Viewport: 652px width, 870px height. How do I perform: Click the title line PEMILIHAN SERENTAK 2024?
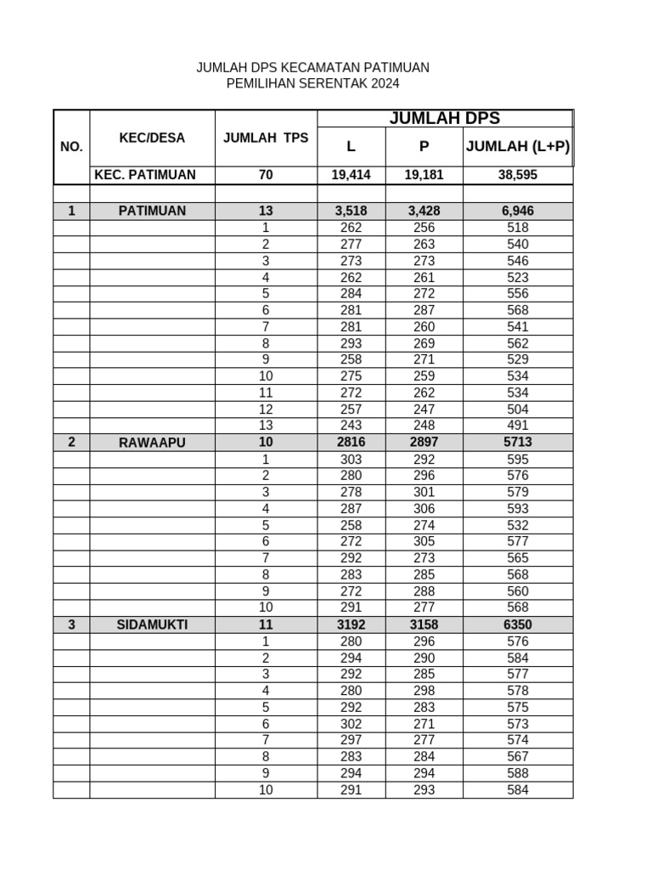coord(312,83)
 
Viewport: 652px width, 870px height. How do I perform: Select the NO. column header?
coord(71,146)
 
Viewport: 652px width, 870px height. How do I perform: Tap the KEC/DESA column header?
coord(152,138)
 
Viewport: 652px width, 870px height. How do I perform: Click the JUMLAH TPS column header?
coord(266,138)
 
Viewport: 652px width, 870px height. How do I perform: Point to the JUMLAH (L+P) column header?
coord(517,146)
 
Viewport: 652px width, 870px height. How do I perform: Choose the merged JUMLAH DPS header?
coord(444,118)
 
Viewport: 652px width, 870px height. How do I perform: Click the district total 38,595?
coord(517,175)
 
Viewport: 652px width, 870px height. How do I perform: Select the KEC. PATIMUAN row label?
coord(145,175)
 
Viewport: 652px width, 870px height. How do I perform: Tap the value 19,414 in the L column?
coord(351,175)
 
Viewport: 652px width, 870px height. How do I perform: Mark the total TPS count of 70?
coord(265,175)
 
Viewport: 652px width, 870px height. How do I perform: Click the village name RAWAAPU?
coord(152,443)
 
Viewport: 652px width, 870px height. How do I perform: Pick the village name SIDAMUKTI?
coord(152,624)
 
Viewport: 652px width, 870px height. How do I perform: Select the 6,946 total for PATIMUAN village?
coord(517,211)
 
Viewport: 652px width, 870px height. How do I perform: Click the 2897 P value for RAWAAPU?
coord(424,443)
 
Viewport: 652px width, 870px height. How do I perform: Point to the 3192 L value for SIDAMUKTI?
coord(351,624)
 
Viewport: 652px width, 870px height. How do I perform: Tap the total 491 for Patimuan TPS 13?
coord(517,426)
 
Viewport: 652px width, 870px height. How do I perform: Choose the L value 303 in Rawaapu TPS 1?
coord(351,460)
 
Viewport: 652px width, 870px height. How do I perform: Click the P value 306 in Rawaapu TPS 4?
coord(424,509)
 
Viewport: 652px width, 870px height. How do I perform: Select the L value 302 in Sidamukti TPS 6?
coord(351,724)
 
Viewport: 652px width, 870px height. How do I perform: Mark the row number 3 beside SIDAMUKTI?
coord(71,624)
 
